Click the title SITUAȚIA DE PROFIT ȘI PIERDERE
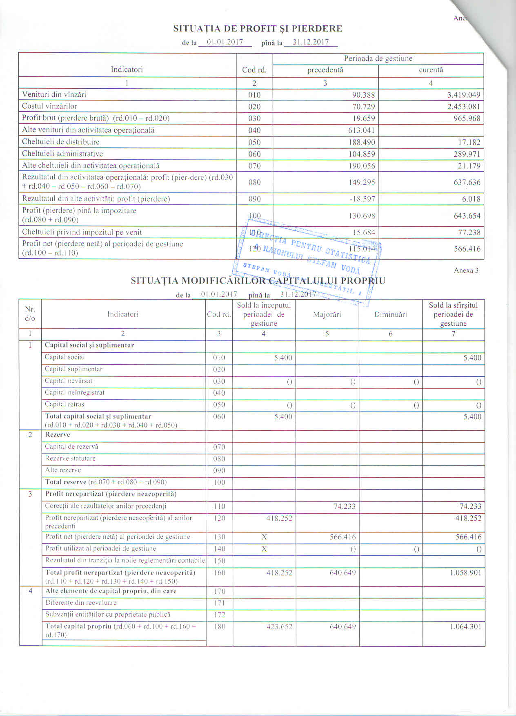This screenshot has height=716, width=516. [258, 29]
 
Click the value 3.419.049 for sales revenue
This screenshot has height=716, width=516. [463, 95]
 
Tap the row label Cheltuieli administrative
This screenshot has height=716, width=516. [62, 154]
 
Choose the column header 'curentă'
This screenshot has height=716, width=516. [431, 70]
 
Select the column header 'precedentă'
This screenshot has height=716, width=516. [325, 70]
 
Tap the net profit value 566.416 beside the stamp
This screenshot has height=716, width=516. [467, 249]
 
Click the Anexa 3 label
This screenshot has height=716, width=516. [466, 270]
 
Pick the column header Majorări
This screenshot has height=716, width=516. [327, 314]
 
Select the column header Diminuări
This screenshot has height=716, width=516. [390, 314]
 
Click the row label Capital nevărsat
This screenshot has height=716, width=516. [69, 381]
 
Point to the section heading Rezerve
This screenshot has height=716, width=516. [58, 434]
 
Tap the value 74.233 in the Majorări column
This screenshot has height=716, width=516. [344, 506]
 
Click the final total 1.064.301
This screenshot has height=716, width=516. [465, 626]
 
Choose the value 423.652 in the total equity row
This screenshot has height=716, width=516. [279, 626]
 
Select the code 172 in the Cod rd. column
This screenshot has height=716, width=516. [219, 615]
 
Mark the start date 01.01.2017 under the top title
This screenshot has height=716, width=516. [225, 42]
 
